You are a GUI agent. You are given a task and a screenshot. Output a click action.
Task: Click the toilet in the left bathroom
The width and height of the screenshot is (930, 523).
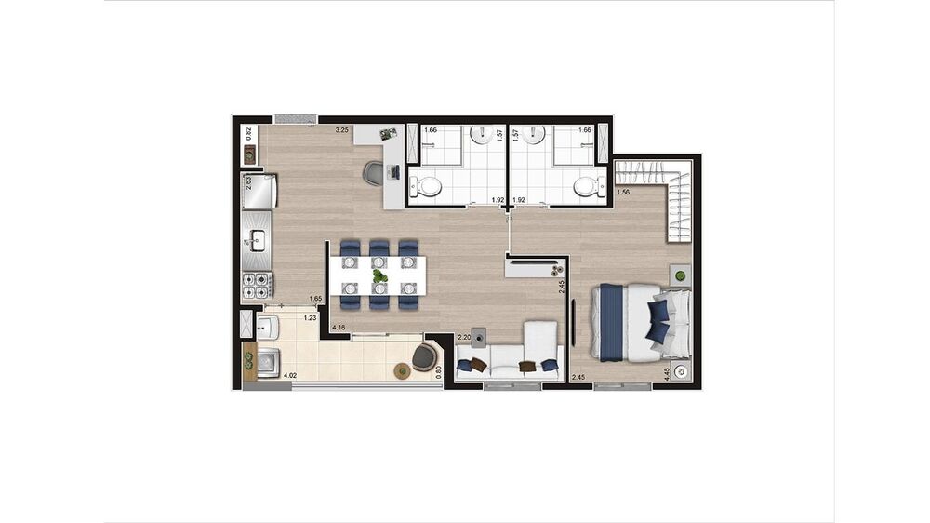[428, 187]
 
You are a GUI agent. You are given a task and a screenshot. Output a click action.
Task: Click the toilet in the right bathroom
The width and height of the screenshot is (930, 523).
[586, 187]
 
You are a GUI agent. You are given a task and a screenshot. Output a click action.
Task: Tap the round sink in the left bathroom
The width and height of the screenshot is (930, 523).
[482, 136]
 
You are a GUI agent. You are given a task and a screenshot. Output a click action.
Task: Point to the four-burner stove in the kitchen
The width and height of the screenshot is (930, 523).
[257, 285]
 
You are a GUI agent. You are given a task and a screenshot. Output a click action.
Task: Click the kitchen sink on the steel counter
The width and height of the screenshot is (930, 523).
[257, 242]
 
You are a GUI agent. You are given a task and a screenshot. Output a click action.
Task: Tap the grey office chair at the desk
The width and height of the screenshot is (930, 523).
[373, 173]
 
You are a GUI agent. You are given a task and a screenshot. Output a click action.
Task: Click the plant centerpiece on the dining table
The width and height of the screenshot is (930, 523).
[379, 276]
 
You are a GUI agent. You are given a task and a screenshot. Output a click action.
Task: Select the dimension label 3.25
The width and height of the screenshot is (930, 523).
[341, 130]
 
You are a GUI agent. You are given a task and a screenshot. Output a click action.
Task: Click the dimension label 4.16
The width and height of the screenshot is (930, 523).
[340, 327]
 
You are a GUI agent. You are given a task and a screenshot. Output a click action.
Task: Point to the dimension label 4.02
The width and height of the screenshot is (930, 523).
[289, 376]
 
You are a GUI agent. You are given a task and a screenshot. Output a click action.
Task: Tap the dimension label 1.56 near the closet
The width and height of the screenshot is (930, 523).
[623, 192]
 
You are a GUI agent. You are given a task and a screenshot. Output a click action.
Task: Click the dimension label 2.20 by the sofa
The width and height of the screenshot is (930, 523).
[463, 337]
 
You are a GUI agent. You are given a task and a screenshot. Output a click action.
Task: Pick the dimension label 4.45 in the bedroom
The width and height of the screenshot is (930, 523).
[667, 375]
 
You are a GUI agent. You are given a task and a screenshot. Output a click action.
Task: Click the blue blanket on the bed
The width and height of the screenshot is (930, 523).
[610, 322]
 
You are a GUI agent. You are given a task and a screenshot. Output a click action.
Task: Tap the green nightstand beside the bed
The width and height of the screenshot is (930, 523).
[682, 276]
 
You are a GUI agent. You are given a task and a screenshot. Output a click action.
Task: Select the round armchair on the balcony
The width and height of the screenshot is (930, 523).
[427, 355]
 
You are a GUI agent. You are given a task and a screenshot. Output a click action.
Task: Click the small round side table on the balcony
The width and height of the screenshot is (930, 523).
[402, 371]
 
